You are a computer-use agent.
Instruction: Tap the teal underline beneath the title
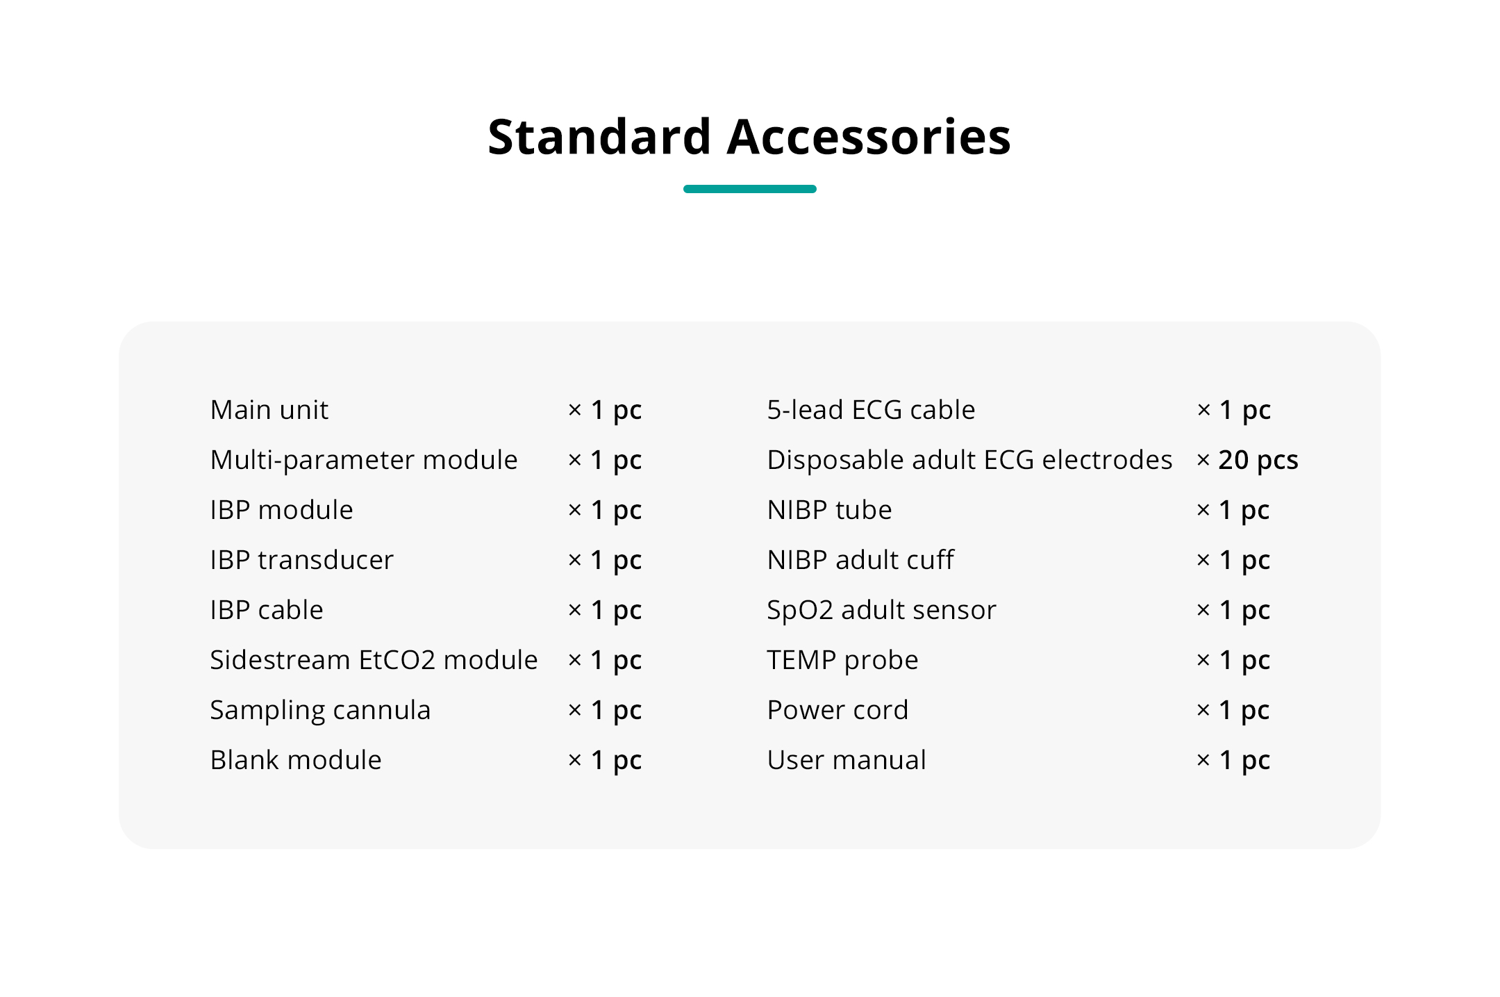pyautogui.click(x=750, y=189)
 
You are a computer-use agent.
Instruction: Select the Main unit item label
pyautogui.click(x=269, y=410)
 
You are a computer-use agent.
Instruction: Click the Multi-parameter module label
pyautogui.click(x=364, y=461)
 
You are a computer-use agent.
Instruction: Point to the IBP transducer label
pyautogui.click(x=302, y=560)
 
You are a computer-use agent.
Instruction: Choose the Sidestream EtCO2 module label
pyautogui.click(x=374, y=660)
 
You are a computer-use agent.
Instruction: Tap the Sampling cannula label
pyautogui.click(x=321, y=711)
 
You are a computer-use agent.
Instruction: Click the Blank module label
pyautogui.click(x=297, y=760)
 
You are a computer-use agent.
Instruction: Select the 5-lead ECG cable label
pyautogui.click(x=872, y=410)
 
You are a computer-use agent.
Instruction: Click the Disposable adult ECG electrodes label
pyautogui.click(x=970, y=460)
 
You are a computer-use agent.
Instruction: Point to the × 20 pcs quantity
pyautogui.click(x=1248, y=460)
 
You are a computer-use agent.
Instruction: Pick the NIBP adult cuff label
pyautogui.click(x=861, y=560)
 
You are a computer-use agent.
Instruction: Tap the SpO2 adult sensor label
pyautogui.click(x=882, y=610)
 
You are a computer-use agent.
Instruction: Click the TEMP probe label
pyautogui.click(x=843, y=661)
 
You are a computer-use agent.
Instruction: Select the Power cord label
pyautogui.click(x=838, y=710)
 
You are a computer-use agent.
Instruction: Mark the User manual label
pyautogui.click(x=847, y=760)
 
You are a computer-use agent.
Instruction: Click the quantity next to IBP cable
pyautogui.click(x=605, y=611)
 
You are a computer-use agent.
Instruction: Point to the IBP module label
pyautogui.click(x=282, y=510)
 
